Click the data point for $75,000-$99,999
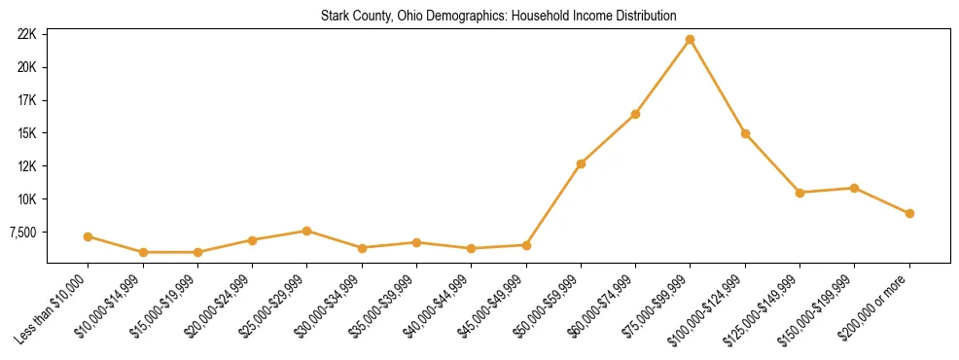690,40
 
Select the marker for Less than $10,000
88,236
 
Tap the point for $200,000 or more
909,213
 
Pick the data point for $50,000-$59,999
581,163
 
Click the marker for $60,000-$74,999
635,114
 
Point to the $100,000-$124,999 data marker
745,133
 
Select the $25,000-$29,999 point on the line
306,231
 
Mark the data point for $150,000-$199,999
854,188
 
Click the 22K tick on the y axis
27,34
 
